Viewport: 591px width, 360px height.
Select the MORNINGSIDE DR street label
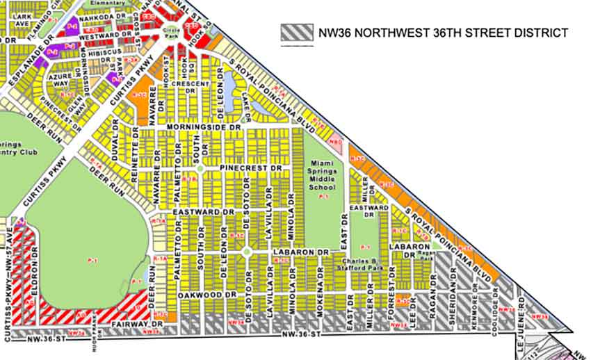202,128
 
